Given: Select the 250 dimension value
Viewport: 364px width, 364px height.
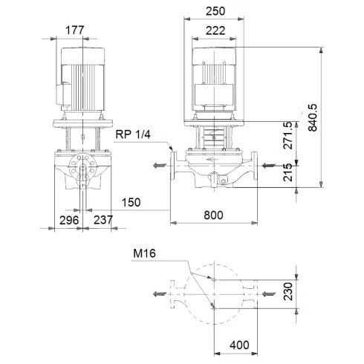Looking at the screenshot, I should coord(215,11).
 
